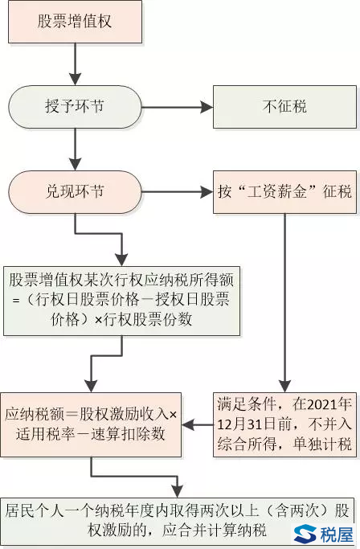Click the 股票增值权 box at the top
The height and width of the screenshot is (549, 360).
pyautogui.click(x=75, y=22)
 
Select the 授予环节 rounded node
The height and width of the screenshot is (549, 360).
pyautogui.click(x=75, y=107)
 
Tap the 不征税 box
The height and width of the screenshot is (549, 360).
pyautogui.click(x=284, y=107)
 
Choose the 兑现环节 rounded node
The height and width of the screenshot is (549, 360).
pyautogui.click(x=75, y=192)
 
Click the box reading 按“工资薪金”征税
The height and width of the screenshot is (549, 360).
pyautogui.click(x=284, y=192)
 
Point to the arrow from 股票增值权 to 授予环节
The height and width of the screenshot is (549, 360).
pyautogui.click(x=75, y=64)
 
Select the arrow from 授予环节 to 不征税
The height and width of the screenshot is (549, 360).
pyautogui.click(x=178, y=107)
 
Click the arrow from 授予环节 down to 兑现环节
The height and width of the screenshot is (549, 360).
pyautogui.click(x=75, y=150)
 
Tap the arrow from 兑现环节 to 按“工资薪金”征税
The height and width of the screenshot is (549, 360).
pyautogui.click(x=178, y=192)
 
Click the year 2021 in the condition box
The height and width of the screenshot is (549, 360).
pyautogui.click(x=321, y=404)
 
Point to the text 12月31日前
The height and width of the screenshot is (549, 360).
pyautogui.click(x=254, y=424)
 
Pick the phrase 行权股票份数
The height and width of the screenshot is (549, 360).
pyautogui.click(x=147, y=319)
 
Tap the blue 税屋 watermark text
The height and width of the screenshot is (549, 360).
pyautogui.click(x=337, y=535)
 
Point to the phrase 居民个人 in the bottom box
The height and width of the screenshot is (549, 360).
pyautogui.click(x=35, y=510)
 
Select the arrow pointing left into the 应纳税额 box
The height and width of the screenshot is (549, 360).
pyautogui.click(x=198, y=424)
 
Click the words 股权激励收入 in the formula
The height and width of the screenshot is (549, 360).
pyautogui.click(x=125, y=414)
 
